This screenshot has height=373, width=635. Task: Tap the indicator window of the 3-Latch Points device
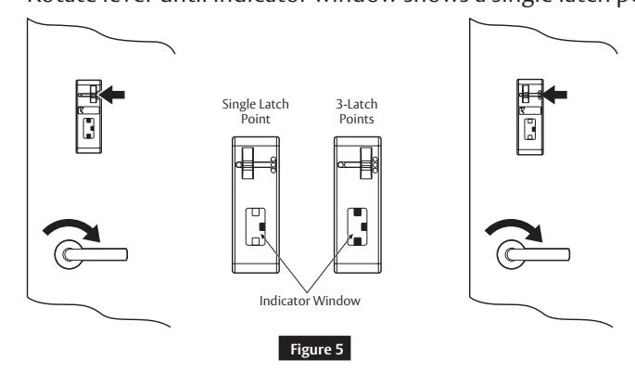tap(356, 226)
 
